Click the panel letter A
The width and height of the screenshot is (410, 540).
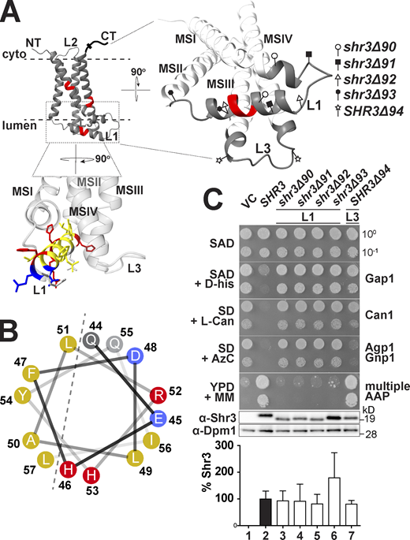[11, 10]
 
